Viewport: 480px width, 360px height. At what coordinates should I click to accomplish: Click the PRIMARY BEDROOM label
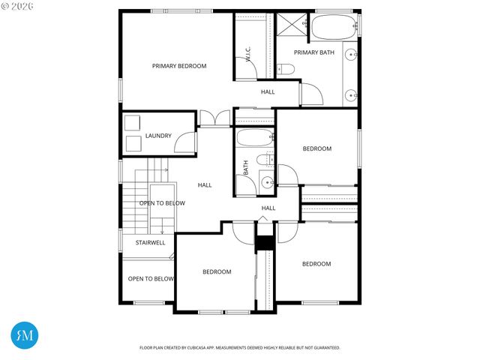point(179,66)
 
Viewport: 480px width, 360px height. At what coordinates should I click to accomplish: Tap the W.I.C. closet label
point(247,54)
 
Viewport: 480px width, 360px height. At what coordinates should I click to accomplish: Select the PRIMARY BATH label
point(314,52)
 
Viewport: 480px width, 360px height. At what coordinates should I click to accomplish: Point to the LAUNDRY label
point(158,136)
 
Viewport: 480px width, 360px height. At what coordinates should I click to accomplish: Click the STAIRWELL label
point(150,242)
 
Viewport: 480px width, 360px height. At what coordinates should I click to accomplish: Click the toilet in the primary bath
point(286,70)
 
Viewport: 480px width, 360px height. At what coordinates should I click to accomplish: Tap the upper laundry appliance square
point(133,122)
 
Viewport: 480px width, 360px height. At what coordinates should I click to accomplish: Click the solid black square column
point(263,244)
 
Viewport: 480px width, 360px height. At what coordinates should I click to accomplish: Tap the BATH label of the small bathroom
point(246,168)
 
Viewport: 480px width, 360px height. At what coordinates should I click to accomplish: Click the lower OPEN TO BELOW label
point(151,279)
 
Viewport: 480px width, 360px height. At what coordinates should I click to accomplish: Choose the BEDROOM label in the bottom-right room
point(316,264)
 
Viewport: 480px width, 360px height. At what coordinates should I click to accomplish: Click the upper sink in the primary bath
point(350,55)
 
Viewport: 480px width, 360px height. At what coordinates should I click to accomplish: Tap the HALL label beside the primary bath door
point(268,91)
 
